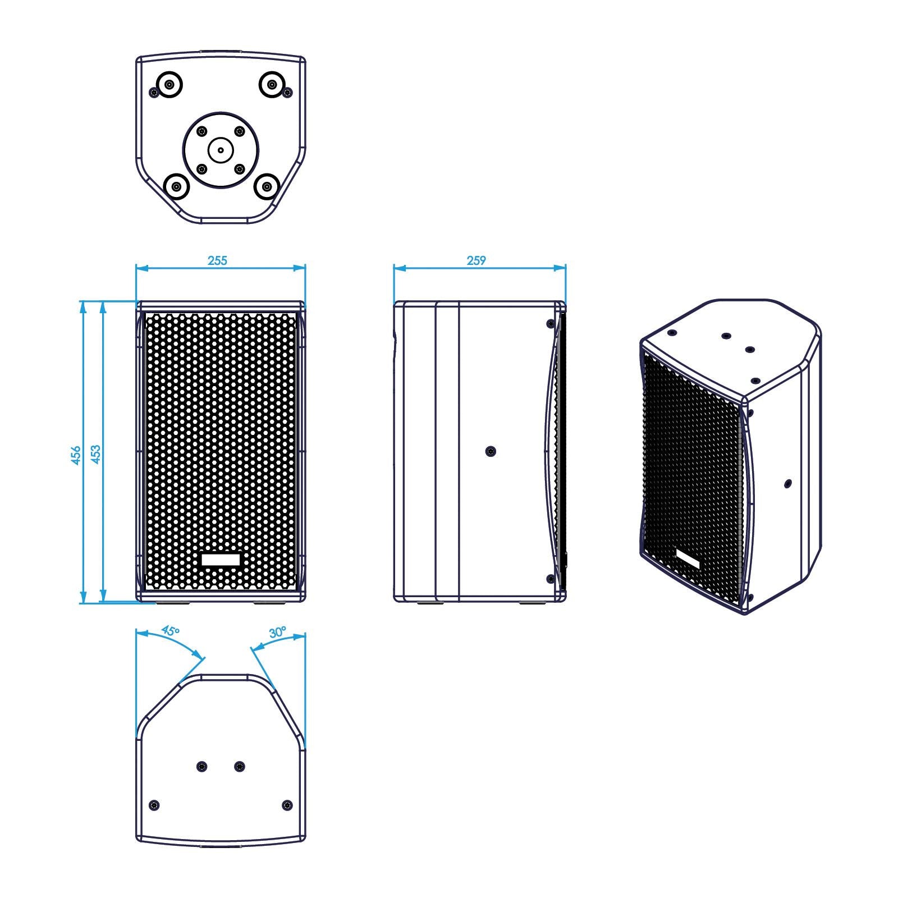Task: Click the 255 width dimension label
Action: tap(218, 260)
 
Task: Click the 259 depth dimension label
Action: tap(476, 260)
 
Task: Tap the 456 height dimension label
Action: tap(76, 455)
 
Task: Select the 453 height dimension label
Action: tap(96, 454)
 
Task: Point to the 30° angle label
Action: tap(277, 632)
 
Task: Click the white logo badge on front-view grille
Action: tap(221, 560)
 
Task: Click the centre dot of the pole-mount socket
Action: tap(221, 150)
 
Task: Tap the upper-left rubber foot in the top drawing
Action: tap(169, 85)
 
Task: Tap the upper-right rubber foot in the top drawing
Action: tap(272, 85)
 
